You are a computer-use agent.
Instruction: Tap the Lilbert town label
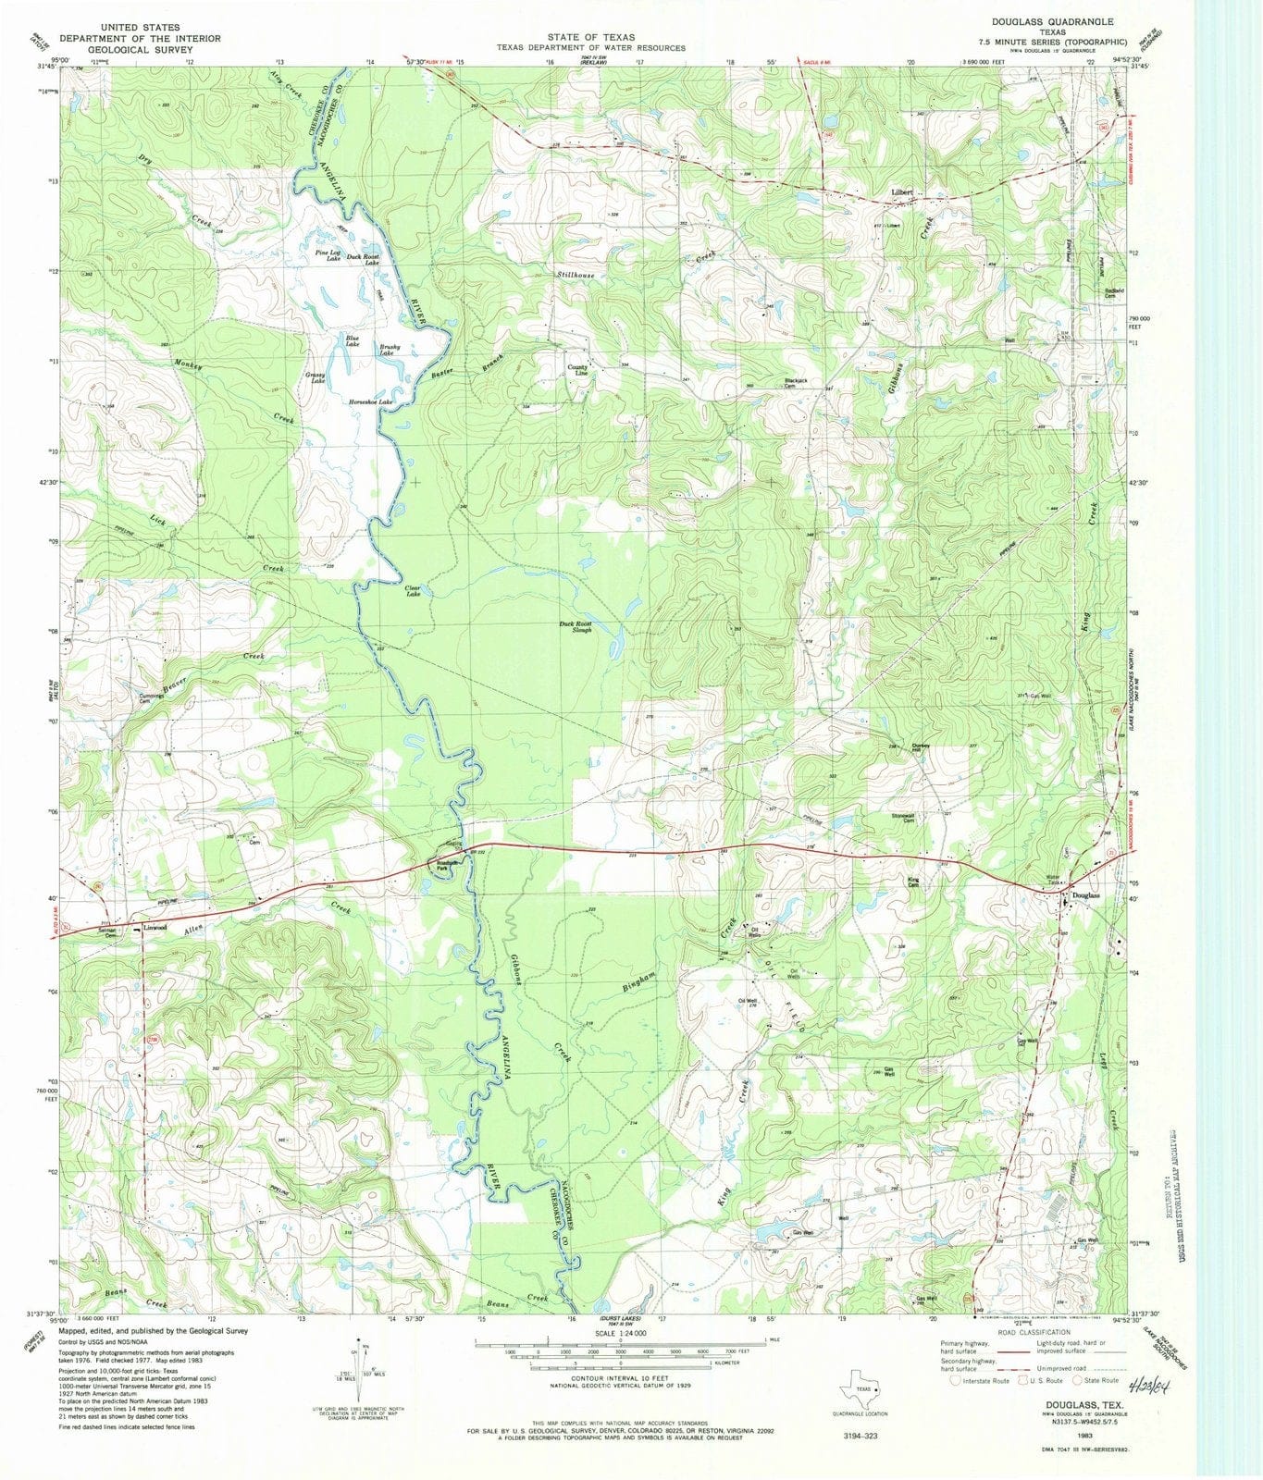[902, 192]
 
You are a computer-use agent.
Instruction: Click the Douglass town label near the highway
[1084, 895]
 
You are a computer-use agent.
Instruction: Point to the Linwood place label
[155, 926]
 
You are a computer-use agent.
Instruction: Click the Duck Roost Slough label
[576, 626]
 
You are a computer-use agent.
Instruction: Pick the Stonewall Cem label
[902, 818]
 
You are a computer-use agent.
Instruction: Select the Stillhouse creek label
[576, 276]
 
